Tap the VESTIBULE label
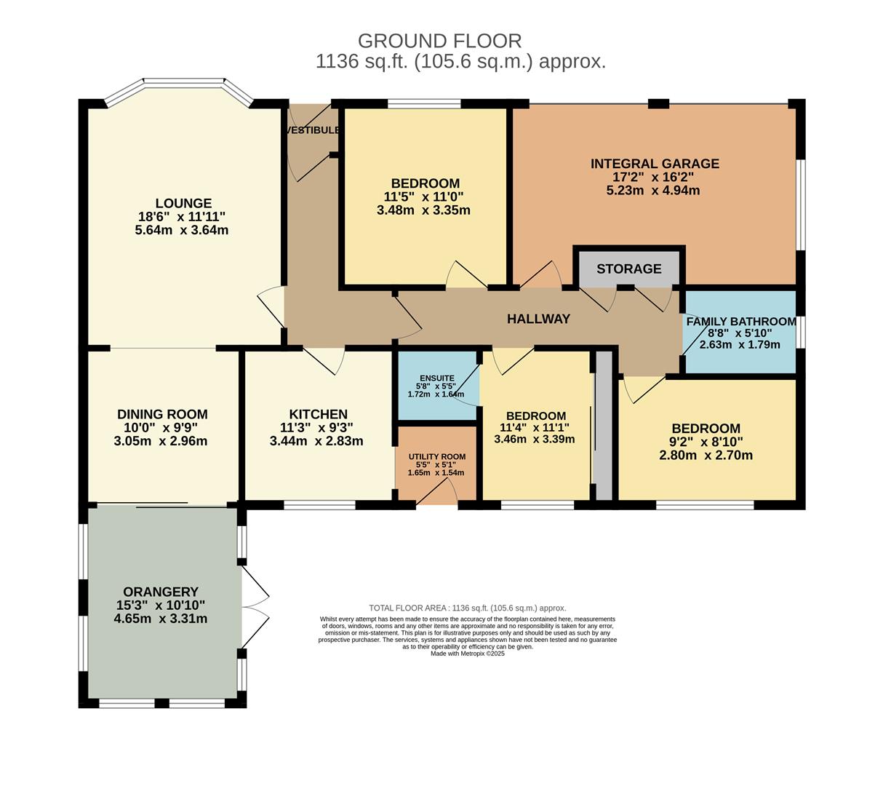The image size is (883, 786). (x=313, y=130)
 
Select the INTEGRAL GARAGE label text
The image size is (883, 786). (x=655, y=164)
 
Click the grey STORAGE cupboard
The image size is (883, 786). (x=629, y=269)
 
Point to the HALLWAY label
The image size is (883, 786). (x=538, y=319)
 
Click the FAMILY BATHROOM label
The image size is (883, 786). (x=740, y=322)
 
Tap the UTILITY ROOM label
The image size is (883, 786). (x=436, y=456)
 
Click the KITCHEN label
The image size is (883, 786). (x=318, y=415)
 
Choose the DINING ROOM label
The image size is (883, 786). (x=162, y=415)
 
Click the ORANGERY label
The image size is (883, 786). (x=161, y=592)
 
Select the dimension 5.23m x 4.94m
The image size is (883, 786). (x=653, y=191)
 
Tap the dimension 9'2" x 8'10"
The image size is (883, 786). (x=706, y=442)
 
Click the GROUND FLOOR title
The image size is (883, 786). (x=439, y=41)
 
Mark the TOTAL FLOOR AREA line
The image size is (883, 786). (x=467, y=608)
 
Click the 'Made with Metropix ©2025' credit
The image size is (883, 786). (x=467, y=654)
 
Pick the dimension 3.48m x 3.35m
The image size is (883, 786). (x=423, y=210)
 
